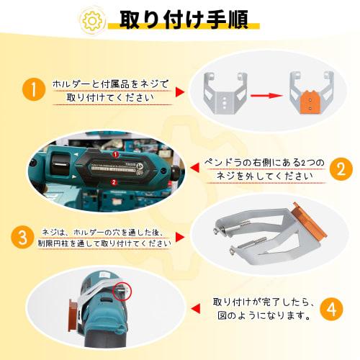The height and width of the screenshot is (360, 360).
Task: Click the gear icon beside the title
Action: point(91,19)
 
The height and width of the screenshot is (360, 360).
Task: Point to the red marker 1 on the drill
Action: point(114,154)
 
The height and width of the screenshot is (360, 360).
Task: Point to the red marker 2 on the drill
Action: point(114,182)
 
